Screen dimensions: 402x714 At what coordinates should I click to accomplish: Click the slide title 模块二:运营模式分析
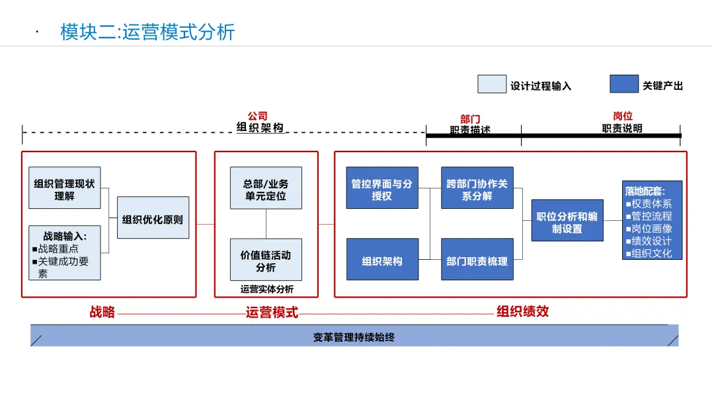pyautogui.click(x=147, y=32)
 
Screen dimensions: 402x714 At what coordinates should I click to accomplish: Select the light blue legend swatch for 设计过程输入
pyautogui.click(x=492, y=85)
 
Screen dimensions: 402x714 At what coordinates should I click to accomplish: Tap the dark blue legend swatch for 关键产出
pyautogui.click(x=624, y=85)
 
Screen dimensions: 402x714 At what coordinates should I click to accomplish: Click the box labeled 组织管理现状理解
pyautogui.click(x=65, y=188)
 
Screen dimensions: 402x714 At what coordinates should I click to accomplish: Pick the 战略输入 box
pyautogui.click(x=65, y=252)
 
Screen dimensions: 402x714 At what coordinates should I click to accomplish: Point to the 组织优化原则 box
pyautogui.click(x=153, y=218)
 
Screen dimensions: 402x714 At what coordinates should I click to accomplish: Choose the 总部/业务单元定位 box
pyautogui.click(x=266, y=188)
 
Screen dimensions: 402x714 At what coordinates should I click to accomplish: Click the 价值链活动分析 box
pyautogui.click(x=266, y=260)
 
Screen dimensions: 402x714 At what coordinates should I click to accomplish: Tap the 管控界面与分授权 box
pyautogui.click(x=382, y=188)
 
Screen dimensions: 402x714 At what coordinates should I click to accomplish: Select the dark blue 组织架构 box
pyautogui.click(x=382, y=260)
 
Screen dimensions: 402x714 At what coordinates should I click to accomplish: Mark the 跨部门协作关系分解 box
pyautogui.click(x=477, y=188)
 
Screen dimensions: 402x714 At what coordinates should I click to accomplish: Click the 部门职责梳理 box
pyautogui.click(x=477, y=260)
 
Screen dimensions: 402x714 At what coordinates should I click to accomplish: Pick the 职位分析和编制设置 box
pyautogui.click(x=567, y=221)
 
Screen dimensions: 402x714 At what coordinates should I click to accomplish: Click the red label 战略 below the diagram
pyautogui.click(x=102, y=312)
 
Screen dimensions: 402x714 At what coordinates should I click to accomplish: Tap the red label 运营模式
pyautogui.click(x=272, y=312)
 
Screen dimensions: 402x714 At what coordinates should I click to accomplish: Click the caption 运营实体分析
pyautogui.click(x=266, y=289)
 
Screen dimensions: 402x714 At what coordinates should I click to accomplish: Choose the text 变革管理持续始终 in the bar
pyautogui.click(x=354, y=337)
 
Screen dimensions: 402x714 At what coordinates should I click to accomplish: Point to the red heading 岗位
pyautogui.click(x=623, y=116)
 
